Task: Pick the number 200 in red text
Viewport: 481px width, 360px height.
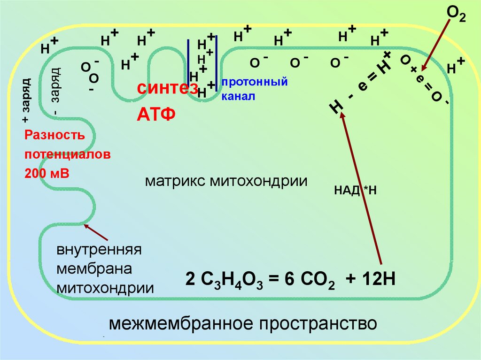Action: [x=36, y=173]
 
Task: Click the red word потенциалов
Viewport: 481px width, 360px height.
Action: [x=68, y=154]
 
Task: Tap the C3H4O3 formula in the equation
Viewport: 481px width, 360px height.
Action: [x=231, y=280]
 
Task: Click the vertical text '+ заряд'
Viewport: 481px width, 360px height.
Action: [x=26, y=100]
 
